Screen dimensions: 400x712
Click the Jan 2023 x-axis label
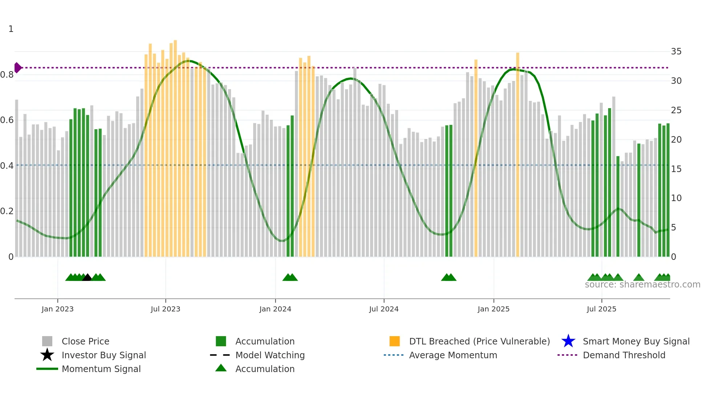[57, 309]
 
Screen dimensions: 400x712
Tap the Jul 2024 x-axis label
[384, 309]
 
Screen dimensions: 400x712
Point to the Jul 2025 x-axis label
[601, 309]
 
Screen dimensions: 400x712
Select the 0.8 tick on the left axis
[7, 75]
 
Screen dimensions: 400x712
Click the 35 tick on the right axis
[676, 52]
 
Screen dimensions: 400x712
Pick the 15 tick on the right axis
[676, 169]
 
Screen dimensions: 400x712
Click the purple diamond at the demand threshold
[17, 68]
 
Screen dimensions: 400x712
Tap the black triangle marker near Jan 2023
[87, 278]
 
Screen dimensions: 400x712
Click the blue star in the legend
[568, 341]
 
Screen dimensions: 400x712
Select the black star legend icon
[47, 355]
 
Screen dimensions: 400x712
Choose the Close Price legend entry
[85, 341]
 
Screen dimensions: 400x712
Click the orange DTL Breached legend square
[395, 341]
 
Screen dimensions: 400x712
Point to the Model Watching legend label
[270, 355]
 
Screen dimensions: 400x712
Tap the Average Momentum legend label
[453, 355]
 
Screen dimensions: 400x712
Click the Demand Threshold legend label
[624, 355]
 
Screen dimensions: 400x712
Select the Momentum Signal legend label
[101, 369]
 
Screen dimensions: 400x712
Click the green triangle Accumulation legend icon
[221, 368]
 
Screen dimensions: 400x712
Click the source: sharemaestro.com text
[642, 285]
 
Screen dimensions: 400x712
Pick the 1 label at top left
[11, 29]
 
